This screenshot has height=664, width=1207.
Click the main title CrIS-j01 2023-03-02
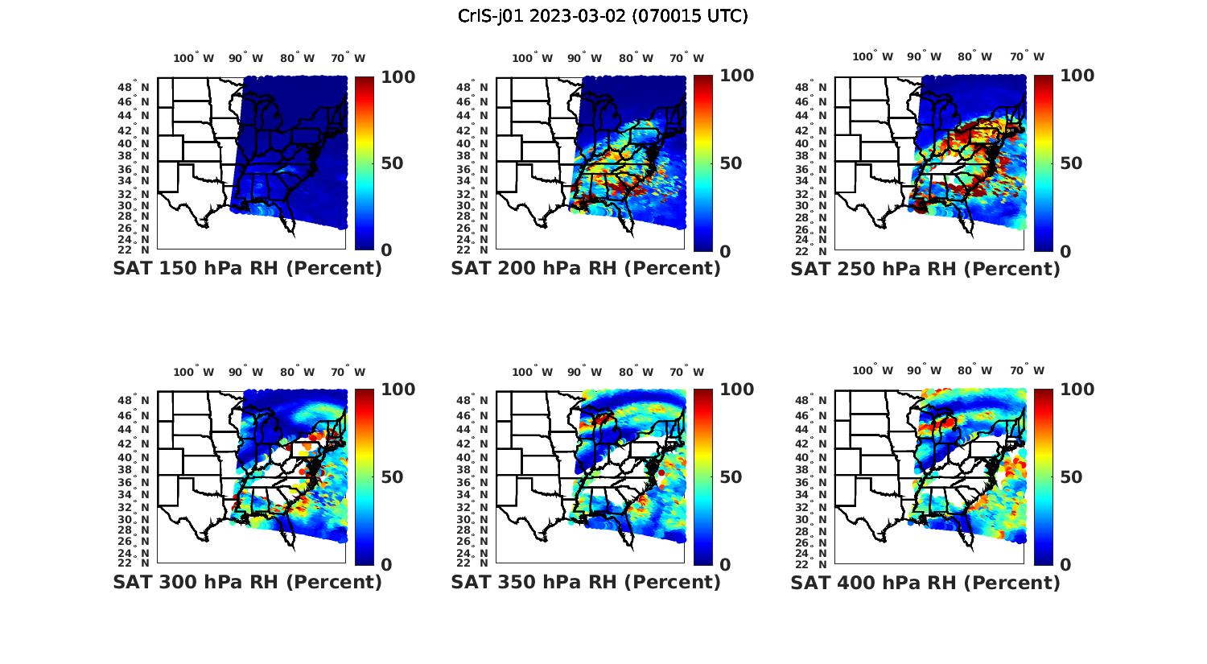coord(603,16)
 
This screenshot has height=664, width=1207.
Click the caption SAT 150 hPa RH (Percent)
coord(247,269)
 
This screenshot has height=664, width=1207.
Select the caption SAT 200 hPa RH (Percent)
coord(586,269)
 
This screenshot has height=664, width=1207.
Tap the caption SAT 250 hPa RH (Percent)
coord(925,269)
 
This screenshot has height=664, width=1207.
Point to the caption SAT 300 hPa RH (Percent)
coord(247,582)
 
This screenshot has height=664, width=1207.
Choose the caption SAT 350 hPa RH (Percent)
coord(586,582)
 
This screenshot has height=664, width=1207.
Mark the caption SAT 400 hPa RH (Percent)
coord(925,582)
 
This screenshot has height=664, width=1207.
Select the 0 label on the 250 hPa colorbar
coord(1066,251)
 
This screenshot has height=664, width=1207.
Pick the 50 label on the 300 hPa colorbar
coord(392,477)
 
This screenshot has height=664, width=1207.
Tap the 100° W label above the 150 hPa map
coord(194,58)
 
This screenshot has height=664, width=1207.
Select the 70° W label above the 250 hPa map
coord(1028,56)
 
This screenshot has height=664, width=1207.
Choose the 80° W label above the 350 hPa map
coord(636,372)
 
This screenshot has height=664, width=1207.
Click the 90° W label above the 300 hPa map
coord(245,372)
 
